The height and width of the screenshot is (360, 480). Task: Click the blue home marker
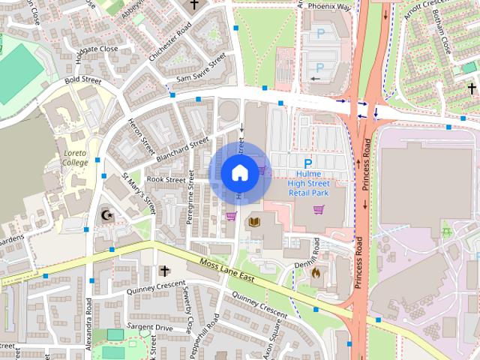[239, 172]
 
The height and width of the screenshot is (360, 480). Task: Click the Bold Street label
[82, 79]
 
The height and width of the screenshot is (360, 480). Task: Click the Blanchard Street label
[182, 149]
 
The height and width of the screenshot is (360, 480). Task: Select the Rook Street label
[166, 180]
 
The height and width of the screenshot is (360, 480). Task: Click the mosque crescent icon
[107, 216]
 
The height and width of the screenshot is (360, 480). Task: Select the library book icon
[255, 222]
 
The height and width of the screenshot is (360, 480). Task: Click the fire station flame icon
[316, 273]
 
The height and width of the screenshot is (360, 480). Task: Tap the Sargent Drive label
[149, 328]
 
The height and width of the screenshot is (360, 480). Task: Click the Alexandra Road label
[88, 322]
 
